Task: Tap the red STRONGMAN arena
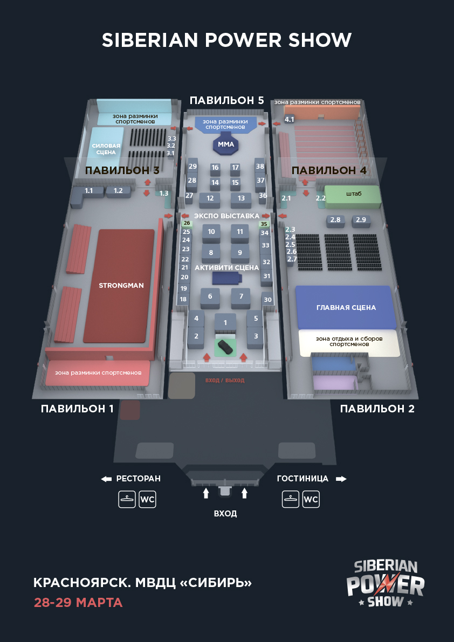(x=121, y=286)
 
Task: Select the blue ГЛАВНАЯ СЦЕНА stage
(x=345, y=307)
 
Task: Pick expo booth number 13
(x=241, y=199)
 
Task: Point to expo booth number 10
(x=211, y=232)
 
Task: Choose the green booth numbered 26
(x=187, y=223)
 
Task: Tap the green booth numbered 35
(x=264, y=224)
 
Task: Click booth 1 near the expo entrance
(x=225, y=322)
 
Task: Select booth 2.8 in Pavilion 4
(x=335, y=220)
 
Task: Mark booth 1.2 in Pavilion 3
(x=118, y=191)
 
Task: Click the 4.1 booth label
(x=290, y=120)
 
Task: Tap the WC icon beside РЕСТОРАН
(x=147, y=500)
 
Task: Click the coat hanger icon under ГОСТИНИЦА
(x=291, y=500)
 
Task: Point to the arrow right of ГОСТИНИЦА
(x=341, y=479)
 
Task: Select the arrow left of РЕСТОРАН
(x=106, y=479)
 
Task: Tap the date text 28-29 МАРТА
(x=78, y=603)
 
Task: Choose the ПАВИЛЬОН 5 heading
(x=226, y=100)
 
